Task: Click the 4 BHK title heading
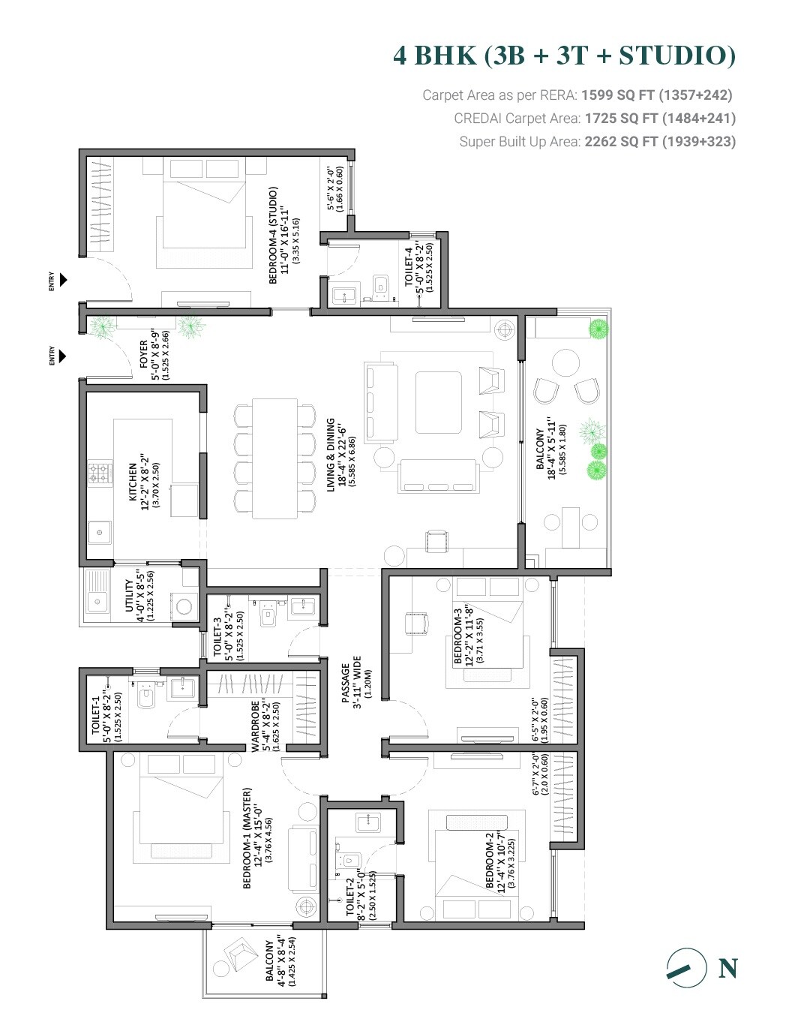pyautogui.click(x=564, y=56)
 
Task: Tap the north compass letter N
pyautogui.click(x=727, y=969)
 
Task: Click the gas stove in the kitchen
pyautogui.click(x=98, y=473)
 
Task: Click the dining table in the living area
pyautogui.click(x=275, y=458)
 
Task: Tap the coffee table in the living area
pyautogui.click(x=439, y=402)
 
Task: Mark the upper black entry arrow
pyautogui.click(x=63, y=280)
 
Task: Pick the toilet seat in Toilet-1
pyautogui.click(x=145, y=698)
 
